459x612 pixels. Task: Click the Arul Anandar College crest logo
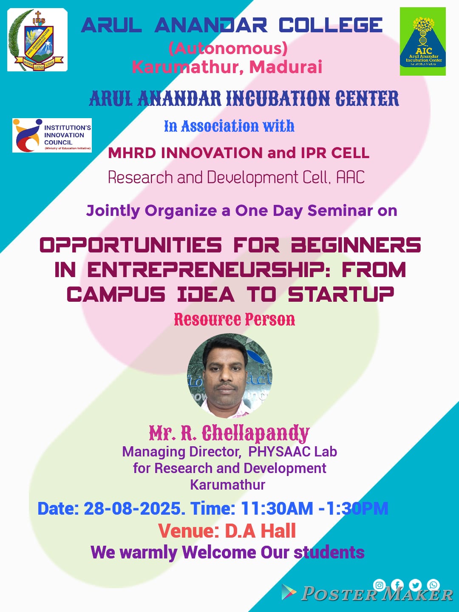37,40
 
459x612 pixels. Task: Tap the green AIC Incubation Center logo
423,41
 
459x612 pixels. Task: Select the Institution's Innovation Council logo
52,135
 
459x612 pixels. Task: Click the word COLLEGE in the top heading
331,25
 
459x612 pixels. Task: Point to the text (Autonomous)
228,48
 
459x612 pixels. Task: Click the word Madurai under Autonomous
286,67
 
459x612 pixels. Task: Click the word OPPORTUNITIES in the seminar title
131,245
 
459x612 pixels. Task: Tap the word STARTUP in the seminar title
341,294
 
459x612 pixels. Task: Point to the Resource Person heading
234,319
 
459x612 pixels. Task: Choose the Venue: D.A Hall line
227,531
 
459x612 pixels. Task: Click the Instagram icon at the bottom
379,585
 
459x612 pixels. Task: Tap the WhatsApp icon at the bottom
433,585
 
